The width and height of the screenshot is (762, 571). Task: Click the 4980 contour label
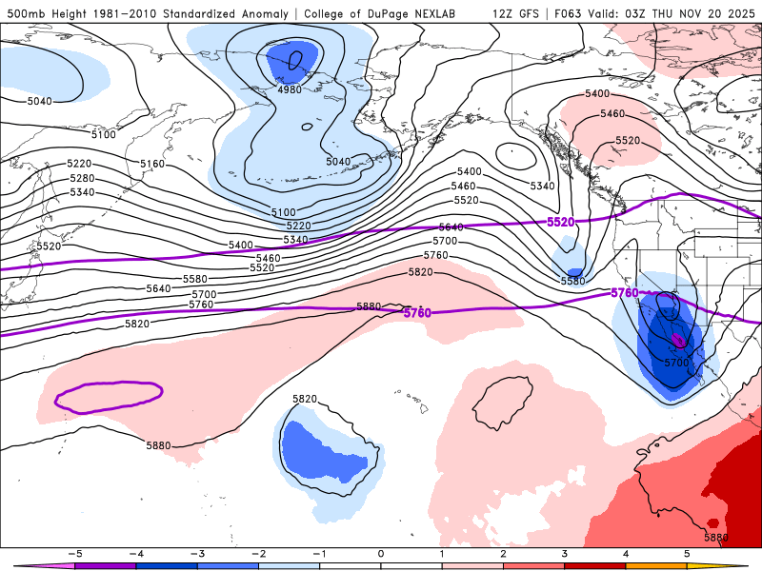(x=290, y=89)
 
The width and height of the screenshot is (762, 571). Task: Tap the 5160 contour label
(x=152, y=165)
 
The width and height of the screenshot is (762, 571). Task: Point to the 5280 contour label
(x=82, y=179)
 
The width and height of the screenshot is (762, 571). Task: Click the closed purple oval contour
(x=108, y=397)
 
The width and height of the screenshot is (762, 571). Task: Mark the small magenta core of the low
(x=678, y=339)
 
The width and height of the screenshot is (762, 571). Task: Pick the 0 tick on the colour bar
(x=381, y=552)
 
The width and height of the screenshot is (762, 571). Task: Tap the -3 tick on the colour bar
(x=197, y=552)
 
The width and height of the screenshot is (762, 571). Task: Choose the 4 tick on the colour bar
(x=626, y=552)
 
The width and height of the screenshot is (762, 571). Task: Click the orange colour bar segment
(x=656, y=564)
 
